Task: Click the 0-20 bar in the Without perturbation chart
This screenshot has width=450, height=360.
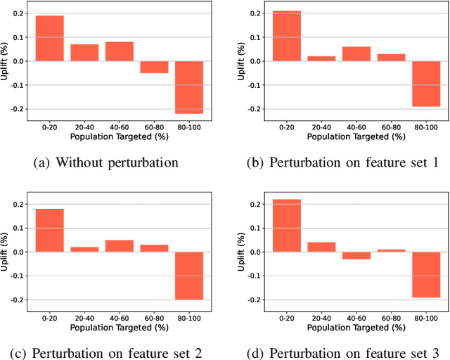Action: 50,38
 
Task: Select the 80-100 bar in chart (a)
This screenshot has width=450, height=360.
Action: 189,87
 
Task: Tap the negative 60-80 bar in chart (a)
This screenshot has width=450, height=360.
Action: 154,67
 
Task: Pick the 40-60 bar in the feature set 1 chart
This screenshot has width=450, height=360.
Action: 356,54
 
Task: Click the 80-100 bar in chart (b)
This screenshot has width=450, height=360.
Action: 426,84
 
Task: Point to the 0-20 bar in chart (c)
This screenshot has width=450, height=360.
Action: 50,230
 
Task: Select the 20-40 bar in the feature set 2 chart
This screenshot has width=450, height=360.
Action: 84,250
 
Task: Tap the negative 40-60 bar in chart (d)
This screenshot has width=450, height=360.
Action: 356,255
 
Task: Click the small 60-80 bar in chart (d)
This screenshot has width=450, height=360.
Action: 391,250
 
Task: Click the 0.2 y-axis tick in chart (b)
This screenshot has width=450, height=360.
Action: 256,13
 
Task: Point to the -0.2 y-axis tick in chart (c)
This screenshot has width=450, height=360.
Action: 18,300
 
